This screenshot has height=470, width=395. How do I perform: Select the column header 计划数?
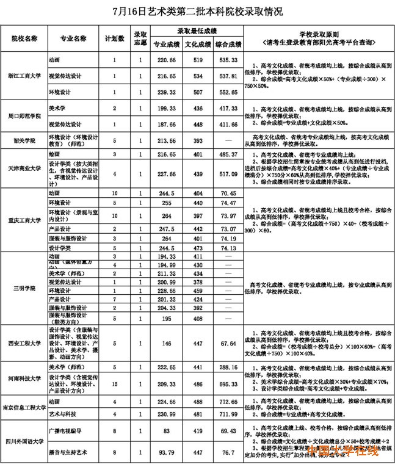(114, 38)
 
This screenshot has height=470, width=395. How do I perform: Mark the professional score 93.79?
(166, 452)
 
